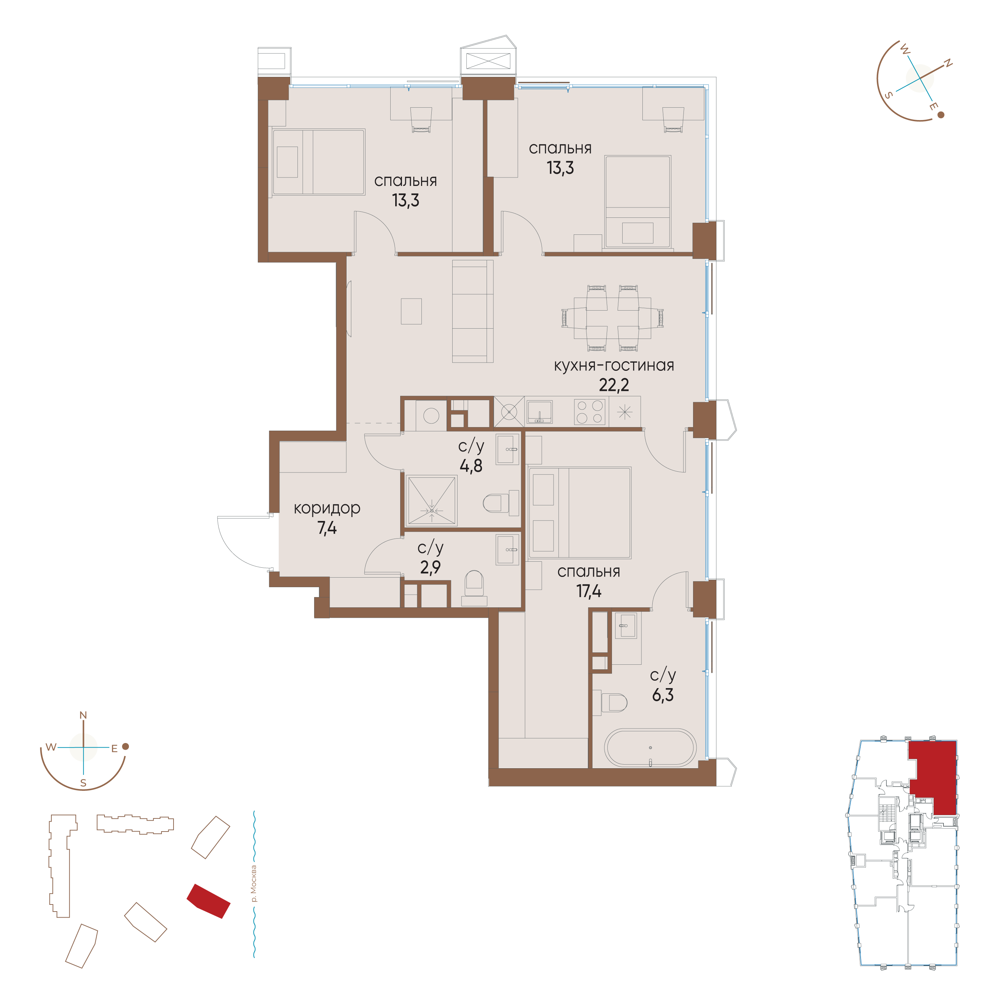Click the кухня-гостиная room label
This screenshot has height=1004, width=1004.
point(614,366)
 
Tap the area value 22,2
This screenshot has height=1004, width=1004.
point(614,385)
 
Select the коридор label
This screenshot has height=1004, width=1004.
point(327,508)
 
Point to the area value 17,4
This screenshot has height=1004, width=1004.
point(589,591)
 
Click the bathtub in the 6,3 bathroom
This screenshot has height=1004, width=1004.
point(650,748)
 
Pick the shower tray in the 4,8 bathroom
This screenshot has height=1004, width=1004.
point(431,500)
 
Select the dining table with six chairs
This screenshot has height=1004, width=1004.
point(613,318)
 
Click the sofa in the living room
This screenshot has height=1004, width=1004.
point(472,311)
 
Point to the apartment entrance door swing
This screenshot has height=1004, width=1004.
point(244,541)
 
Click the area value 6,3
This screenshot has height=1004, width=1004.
point(663,695)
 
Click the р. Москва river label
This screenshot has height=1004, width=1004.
point(253,884)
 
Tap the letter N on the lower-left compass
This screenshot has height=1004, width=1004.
point(83,716)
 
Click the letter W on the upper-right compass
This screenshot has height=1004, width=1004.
point(905,51)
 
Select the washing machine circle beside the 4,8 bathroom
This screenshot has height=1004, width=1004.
point(431,415)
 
